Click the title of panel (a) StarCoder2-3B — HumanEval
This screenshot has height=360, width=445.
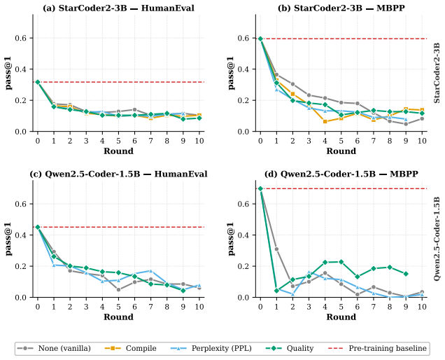coord(119,8)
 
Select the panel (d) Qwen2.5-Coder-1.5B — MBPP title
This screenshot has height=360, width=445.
coord(341,174)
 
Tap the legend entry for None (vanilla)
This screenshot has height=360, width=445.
coord(54,348)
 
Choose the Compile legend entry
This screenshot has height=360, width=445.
coord(131,348)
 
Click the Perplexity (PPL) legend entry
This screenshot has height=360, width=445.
coord(211,348)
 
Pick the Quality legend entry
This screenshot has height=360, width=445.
coord(290,348)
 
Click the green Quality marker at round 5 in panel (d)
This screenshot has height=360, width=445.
coord(341,262)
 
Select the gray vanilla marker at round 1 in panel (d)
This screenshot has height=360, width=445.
coord(276,249)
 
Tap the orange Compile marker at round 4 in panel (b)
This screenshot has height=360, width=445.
coord(325,122)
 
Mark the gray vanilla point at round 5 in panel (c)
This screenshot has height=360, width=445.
coord(118,290)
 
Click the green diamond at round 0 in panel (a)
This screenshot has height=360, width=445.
coord(38,82)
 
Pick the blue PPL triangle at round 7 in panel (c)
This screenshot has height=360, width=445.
coord(150,271)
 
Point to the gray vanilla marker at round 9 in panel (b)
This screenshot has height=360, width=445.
coord(406,124)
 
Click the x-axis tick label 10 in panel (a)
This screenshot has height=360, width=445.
coord(199,141)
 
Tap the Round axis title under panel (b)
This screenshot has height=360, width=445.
coord(341,151)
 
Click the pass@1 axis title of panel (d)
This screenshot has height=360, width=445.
coord(232,239)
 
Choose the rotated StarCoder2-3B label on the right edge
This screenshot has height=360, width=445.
coord(437,73)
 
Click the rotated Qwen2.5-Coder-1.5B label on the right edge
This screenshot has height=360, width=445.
coord(437,239)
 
